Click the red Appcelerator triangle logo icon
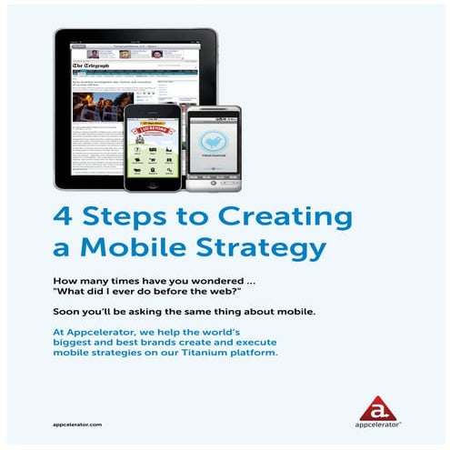(376, 407)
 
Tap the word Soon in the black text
(68, 311)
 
